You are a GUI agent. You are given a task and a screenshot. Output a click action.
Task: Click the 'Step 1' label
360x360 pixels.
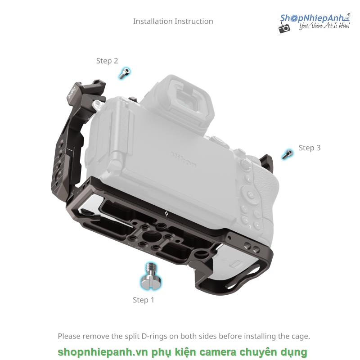pos(144,300)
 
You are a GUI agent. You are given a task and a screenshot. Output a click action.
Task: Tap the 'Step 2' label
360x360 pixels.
pos(107,61)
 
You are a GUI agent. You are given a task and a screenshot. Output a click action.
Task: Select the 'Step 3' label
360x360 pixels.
pos(310,148)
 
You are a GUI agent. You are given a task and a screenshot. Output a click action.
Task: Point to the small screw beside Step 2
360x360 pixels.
pos(125,73)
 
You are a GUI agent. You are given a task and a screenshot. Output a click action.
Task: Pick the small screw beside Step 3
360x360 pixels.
pos(287,154)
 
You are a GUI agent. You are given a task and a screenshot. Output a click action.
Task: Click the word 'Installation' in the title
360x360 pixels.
pos(153,21)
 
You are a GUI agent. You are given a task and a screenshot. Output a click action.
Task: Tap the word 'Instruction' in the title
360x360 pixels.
pos(194,21)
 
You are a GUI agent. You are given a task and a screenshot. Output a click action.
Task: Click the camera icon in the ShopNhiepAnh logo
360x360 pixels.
pos(284,28)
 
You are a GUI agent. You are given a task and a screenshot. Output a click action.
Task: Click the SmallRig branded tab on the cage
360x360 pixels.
pos(72,93)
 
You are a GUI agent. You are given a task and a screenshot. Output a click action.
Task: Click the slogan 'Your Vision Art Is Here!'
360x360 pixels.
pos(324,25)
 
